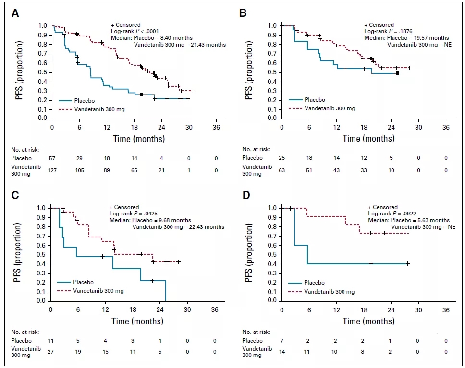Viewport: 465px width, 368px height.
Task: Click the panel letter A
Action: tap(16, 13)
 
